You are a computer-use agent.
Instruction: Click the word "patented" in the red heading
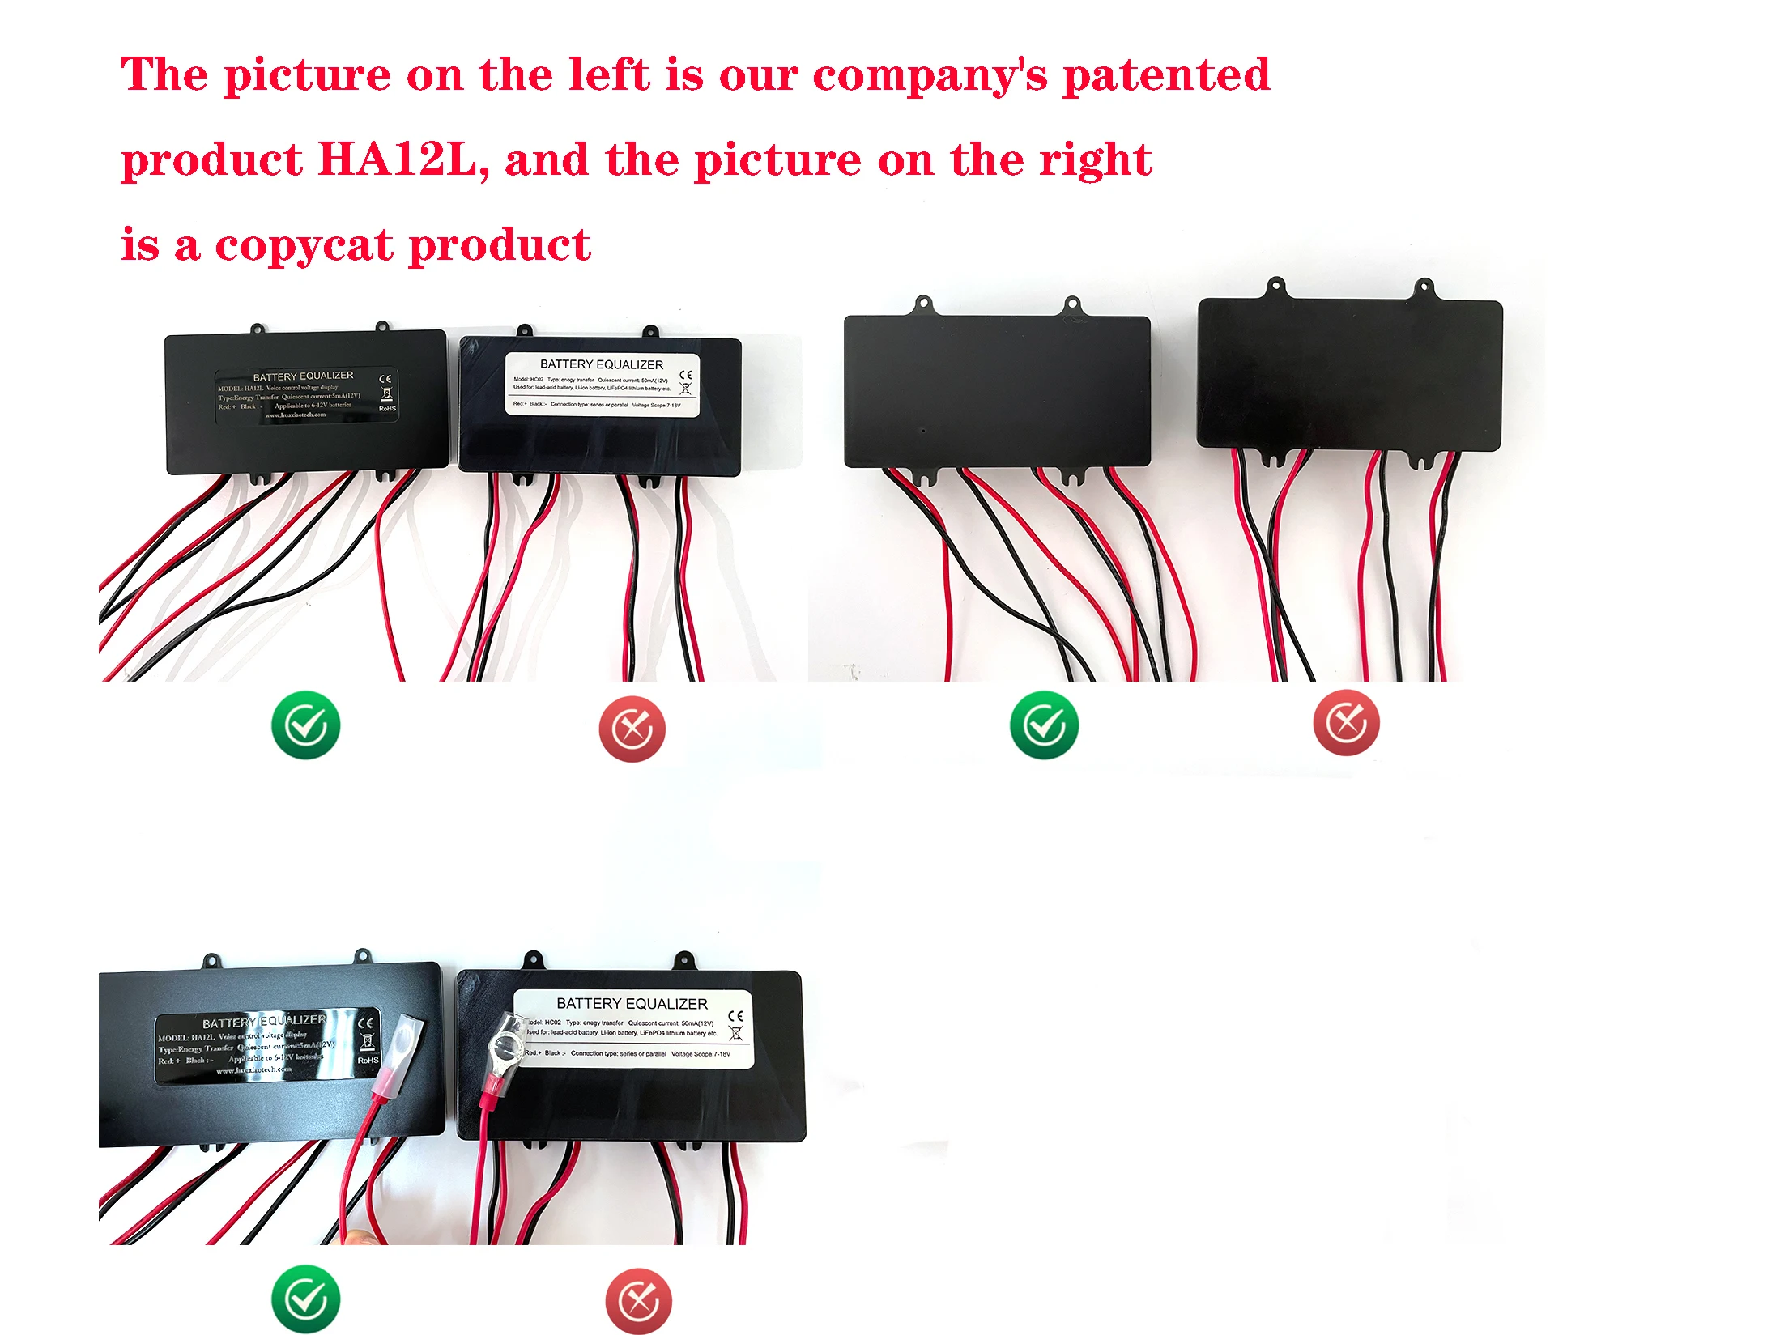(x=1165, y=75)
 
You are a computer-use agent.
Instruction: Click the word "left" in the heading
(x=608, y=75)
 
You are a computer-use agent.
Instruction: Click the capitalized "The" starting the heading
(x=164, y=75)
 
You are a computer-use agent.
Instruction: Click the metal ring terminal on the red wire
(x=507, y=1048)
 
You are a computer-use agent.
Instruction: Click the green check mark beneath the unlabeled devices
(x=1044, y=725)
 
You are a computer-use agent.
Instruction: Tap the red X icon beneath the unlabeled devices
(x=1346, y=723)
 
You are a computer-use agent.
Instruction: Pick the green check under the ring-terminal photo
(x=305, y=1299)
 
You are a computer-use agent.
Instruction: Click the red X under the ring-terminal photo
(x=638, y=1301)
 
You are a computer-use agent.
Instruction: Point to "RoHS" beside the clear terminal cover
(x=368, y=1060)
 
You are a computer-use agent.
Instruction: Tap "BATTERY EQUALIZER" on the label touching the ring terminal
(x=632, y=1004)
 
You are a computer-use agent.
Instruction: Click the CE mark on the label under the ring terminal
(x=735, y=1015)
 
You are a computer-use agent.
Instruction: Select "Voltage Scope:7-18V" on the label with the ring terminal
(x=701, y=1054)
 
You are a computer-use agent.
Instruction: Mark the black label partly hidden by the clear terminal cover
(x=259, y=1046)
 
